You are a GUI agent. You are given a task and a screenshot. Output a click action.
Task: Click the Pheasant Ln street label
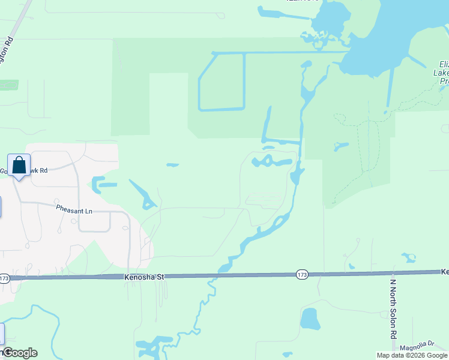[74, 211]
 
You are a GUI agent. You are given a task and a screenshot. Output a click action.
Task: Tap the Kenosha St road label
[145, 277]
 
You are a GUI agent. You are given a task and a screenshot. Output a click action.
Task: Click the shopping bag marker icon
[19, 164]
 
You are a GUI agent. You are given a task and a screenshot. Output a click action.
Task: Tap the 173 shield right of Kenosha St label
[302, 275]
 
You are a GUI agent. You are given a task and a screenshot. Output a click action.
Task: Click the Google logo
[20, 353]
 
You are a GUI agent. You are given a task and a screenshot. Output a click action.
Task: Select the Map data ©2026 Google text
[412, 355]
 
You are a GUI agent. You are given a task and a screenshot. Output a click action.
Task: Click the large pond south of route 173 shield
[310, 319]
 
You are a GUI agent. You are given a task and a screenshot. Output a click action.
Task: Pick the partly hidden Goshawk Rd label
[30, 170]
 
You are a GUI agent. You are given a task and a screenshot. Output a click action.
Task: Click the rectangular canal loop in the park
[221, 82]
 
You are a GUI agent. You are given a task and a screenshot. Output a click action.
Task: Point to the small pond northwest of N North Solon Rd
[409, 258]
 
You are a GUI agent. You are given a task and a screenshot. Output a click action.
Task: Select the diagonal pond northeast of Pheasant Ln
[140, 194]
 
